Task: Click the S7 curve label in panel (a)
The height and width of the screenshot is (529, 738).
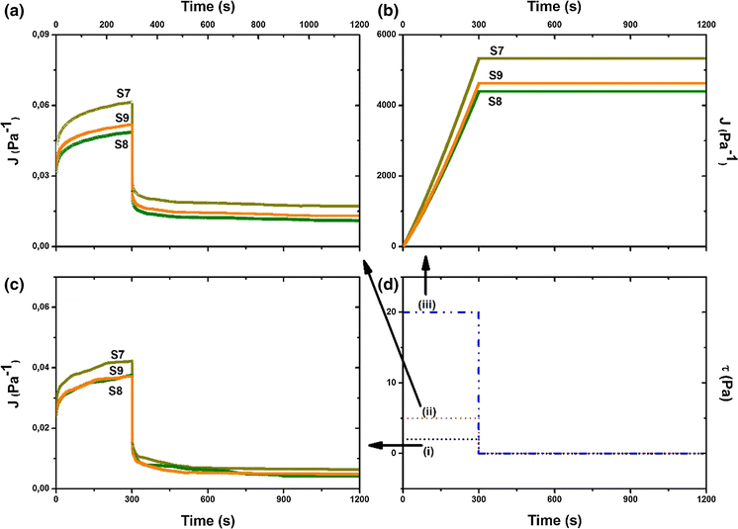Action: click(x=123, y=95)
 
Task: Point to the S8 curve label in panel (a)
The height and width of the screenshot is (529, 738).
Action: click(x=121, y=144)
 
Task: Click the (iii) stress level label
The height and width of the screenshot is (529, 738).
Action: click(x=427, y=304)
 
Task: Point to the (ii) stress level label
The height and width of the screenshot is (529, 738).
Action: click(x=429, y=412)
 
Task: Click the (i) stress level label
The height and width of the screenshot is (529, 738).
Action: click(x=428, y=452)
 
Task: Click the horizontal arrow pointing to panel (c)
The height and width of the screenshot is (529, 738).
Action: click(x=385, y=446)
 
